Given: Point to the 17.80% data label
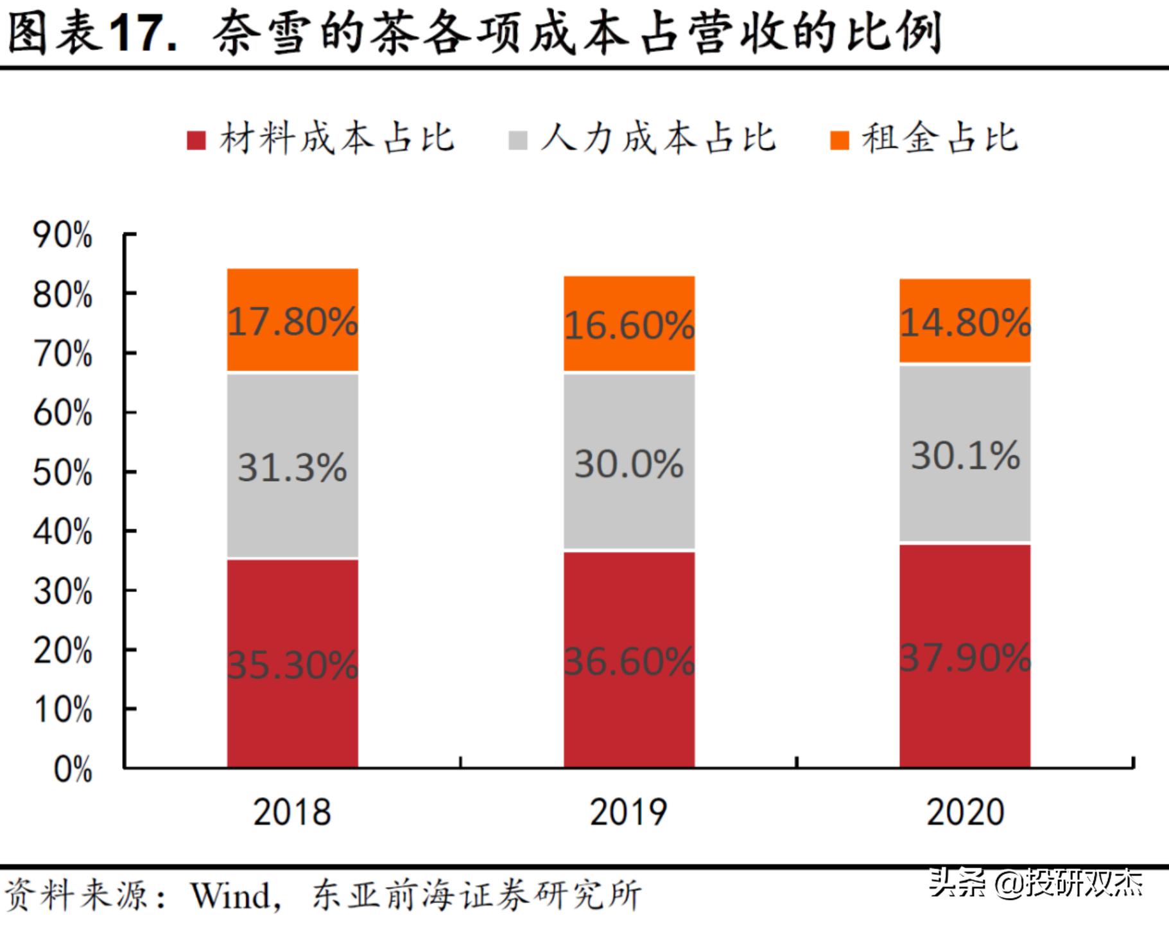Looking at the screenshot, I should (x=293, y=321).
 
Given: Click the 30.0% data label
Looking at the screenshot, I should (x=629, y=464).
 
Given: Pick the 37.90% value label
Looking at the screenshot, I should (x=965, y=658).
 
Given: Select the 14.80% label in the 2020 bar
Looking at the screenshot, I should (x=965, y=322).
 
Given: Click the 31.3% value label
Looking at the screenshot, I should (x=293, y=467).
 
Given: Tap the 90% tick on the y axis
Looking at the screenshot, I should (x=62, y=235).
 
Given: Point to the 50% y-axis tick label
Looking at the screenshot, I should (x=62, y=473).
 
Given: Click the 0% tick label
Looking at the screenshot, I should (x=73, y=769).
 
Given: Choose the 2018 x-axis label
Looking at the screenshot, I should (x=292, y=812).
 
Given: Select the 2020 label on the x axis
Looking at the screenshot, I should (x=965, y=812).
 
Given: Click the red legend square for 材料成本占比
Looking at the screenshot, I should (x=196, y=140).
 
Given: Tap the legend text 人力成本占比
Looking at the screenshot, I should (x=658, y=138).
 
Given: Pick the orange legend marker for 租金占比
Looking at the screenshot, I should (x=839, y=140).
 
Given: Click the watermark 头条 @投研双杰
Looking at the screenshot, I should (x=1035, y=883).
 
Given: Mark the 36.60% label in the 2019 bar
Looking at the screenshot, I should (x=629, y=661).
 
